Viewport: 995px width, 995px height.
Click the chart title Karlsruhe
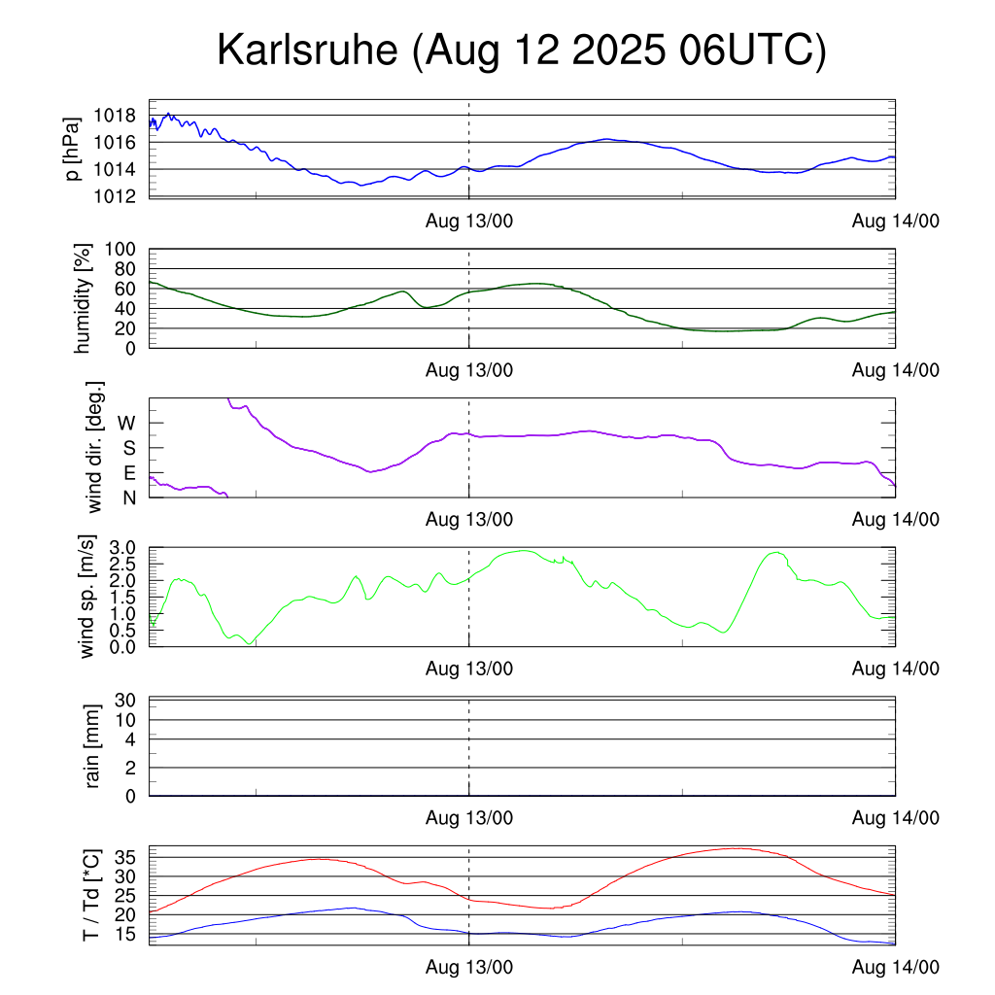pyautogui.click(x=521, y=51)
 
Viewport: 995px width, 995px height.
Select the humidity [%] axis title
pyautogui.click(x=84, y=298)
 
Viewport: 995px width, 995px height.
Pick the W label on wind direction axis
pyautogui.click(x=127, y=424)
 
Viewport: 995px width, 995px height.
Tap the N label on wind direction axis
pyautogui.click(x=128, y=498)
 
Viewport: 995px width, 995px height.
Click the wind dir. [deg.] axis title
pyautogui.click(x=94, y=447)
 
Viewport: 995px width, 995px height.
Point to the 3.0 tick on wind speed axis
pyautogui.click(x=120, y=548)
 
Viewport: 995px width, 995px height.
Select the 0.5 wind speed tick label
pyautogui.click(x=120, y=630)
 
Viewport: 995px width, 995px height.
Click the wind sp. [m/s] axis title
pyautogui.click(x=88, y=597)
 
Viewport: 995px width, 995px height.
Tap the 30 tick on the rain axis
pyautogui.click(x=124, y=701)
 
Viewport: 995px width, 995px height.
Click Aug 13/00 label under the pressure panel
pyautogui.click(x=469, y=221)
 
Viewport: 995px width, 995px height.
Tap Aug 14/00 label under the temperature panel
pyautogui.click(x=895, y=968)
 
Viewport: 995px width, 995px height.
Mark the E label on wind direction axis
pyautogui.click(x=128, y=473)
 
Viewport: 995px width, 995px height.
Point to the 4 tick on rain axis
pyautogui.click(x=129, y=739)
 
